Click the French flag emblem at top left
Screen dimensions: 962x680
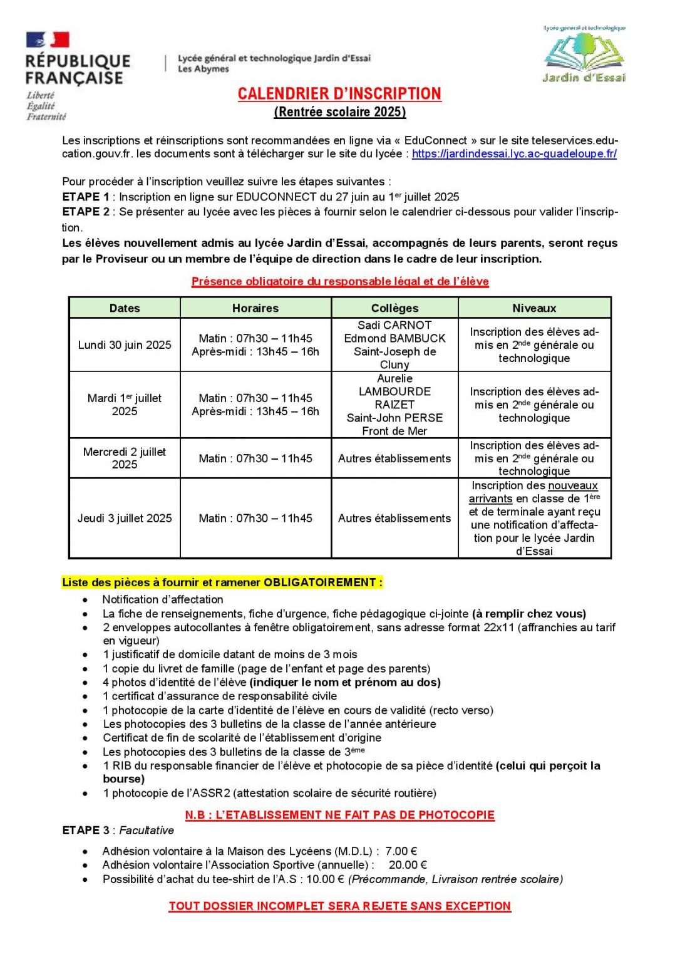click(48, 40)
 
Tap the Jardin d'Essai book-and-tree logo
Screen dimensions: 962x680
click(584, 54)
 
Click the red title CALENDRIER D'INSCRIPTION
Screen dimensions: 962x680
click(339, 94)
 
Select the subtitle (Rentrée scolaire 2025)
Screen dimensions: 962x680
click(340, 112)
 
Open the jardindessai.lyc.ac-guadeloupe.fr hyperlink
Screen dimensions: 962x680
click(514, 154)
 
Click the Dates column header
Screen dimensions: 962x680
click(125, 308)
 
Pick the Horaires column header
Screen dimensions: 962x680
click(255, 308)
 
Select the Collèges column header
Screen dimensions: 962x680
click(394, 308)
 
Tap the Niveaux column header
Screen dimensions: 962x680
click(534, 308)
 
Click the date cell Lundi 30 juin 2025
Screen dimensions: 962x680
click(125, 345)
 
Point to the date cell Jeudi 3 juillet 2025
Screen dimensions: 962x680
click(125, 519)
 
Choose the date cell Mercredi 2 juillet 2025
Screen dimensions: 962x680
click(125, 458)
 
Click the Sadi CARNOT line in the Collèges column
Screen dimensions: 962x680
click(394, 326)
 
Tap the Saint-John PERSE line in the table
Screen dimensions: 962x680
click(394, 418)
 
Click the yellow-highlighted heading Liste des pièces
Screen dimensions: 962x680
click(222, 582)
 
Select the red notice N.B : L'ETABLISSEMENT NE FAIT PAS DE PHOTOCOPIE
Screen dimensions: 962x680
click(340, 815)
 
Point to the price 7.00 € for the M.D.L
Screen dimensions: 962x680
click(401, 852)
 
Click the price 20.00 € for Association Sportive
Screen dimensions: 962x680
click(408, 866)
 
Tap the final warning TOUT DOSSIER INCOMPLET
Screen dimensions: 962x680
click(340, 906)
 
